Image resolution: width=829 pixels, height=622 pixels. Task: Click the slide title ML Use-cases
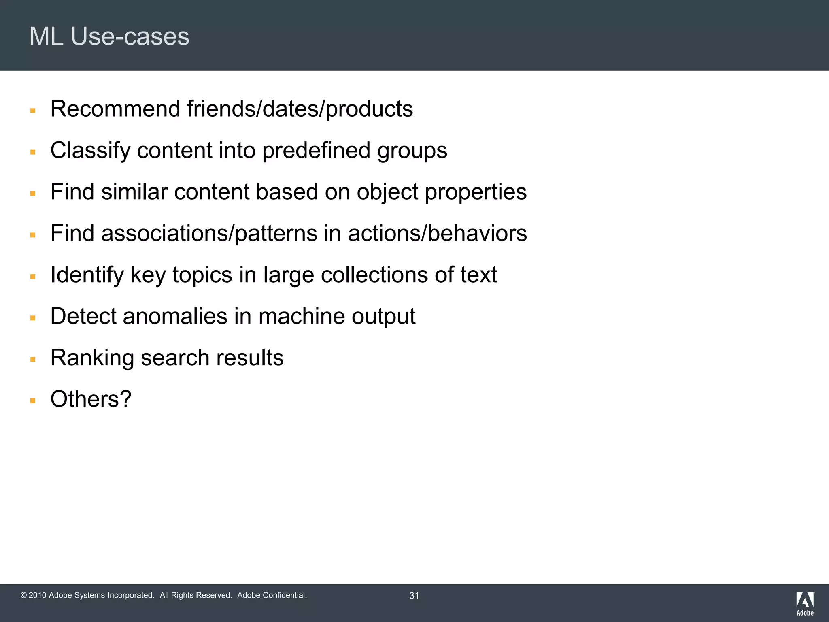(109, 36)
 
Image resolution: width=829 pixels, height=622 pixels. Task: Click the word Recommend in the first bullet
(115, 109)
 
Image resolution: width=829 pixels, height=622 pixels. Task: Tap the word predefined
(316, 151)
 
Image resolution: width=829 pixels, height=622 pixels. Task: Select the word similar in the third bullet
(134, 192)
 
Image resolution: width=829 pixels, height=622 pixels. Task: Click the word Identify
(87, 275)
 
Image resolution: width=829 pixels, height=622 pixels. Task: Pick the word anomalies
(175, 316)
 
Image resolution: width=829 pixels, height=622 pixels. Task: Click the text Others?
(91, 399)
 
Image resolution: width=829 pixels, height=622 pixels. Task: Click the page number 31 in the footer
(414, 596)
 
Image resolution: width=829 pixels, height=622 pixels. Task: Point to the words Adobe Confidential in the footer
(272, 596)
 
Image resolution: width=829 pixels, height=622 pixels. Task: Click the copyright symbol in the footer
(23, 596)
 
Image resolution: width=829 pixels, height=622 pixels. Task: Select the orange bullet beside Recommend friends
(33, 111)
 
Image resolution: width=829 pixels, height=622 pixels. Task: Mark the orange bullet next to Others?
(33, 401)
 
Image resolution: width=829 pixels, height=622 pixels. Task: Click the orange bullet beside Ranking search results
(33, 360)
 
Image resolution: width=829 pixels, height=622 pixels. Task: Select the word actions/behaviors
(437, 234)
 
